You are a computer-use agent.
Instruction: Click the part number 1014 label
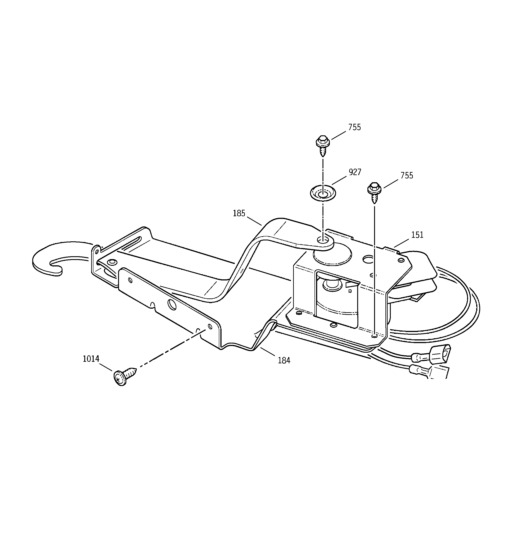click(x=91, y=359)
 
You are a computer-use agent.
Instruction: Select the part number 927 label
click(x=355, y=172)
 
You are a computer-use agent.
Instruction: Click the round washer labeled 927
click(x=322, y=193)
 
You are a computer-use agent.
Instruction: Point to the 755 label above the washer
click(x=355, y=127)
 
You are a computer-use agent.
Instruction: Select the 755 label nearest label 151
click(x=407, y=175)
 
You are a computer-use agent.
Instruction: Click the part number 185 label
click(x=239, y=213)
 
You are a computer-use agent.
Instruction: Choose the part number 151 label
click(x=417, y=235)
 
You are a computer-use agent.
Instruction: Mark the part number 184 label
click(x=284, y=360)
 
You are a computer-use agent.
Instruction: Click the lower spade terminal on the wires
click(x=418, y=369)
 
